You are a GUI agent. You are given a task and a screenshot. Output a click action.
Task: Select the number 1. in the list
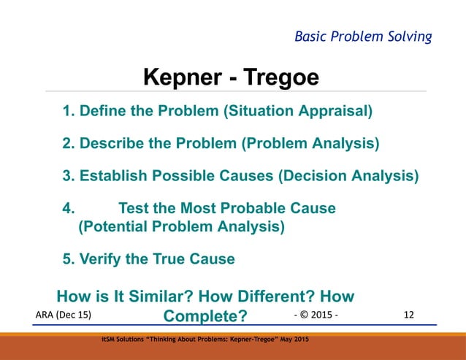point(69,112)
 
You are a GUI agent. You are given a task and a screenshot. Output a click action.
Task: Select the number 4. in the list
point(69,208)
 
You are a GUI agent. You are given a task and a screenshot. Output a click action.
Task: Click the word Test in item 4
point(134,208)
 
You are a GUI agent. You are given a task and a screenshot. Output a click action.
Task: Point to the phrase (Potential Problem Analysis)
point(181,226)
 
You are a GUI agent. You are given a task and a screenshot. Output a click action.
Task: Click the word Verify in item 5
point(102,258)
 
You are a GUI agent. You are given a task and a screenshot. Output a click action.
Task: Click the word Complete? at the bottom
point(205,316)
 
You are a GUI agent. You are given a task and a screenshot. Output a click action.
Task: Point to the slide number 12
point(408,315)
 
